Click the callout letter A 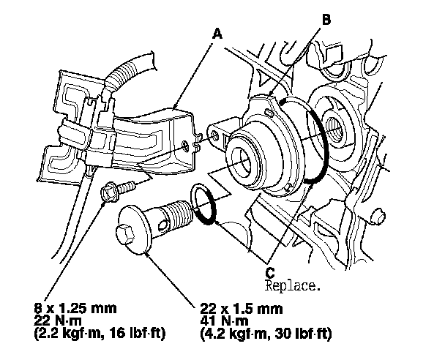[x=217, y=34]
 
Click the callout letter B [x=326, y=20]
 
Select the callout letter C [x=270, y=273]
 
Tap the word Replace [x=292, y=286]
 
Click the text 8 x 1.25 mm [x=75, y=308]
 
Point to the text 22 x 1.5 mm [x=242, y=308]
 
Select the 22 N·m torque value [x=58, y=320]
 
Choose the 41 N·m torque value [x=224, y=320]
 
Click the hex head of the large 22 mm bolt [x=125, y=233]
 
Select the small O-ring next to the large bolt [x=203, y=204]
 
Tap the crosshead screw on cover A [x=185, y=146]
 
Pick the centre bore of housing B [x=243, y=162]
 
